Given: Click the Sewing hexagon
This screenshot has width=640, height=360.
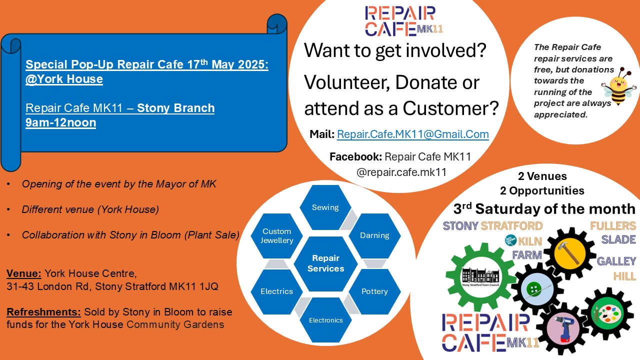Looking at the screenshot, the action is point(325,207).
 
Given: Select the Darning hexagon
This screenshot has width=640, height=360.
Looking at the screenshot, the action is point(374,235).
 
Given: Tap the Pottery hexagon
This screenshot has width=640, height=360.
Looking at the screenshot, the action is point(374,291).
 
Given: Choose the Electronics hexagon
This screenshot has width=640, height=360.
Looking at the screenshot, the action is point(325,320).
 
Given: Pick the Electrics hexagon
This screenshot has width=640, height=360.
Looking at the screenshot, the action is point(276,291).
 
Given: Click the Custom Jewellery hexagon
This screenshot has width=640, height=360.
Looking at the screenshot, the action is point(276,235).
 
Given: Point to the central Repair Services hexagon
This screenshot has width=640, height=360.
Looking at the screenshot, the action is point(325,263).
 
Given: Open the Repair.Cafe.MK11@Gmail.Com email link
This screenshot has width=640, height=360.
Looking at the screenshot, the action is point(413,134).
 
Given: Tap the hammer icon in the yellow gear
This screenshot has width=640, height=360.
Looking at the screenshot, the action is point(568,253).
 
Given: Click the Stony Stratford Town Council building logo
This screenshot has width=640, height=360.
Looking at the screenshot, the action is point(480,276).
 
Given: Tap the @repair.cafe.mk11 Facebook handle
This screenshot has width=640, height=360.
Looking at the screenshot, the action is point(401,172).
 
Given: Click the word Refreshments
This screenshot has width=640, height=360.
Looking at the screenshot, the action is point(43,312).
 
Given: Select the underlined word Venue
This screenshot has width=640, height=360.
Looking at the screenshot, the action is point(24,273).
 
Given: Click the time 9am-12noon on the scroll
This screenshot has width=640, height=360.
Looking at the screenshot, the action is point(60,122).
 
